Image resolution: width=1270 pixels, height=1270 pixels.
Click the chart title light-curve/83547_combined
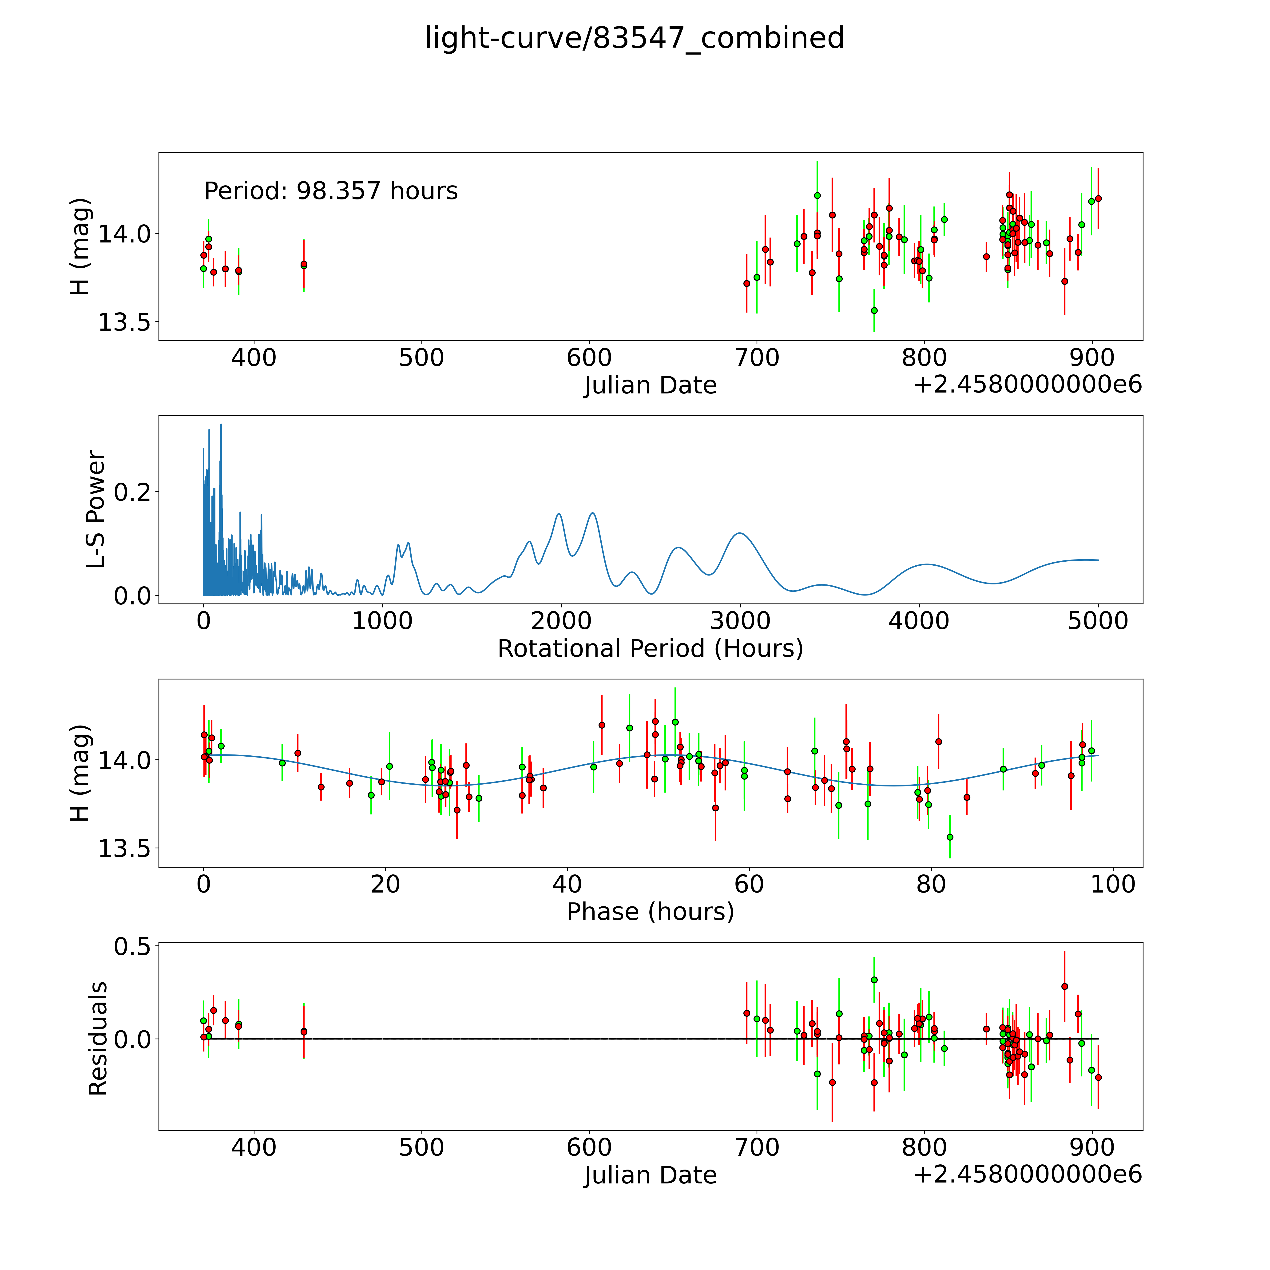click(634, 38)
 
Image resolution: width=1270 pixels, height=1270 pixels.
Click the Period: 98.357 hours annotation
click(331, 191)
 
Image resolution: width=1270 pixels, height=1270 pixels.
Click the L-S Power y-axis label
click(96, 509)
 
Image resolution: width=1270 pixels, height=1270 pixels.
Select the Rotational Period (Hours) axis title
click(650, 649)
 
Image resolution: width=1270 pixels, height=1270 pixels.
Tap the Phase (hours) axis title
click(650, 912)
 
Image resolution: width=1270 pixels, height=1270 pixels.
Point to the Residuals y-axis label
click(97, 1039)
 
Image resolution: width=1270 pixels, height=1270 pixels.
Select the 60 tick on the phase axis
click(749, 885)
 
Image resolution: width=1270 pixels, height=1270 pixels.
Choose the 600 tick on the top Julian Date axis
click(589, 358)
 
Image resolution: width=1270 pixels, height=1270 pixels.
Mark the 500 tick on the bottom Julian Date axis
click(421, 1148)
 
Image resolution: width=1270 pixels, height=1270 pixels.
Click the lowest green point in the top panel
click(874, 310)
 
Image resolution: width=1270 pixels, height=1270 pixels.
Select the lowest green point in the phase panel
click(949, 837)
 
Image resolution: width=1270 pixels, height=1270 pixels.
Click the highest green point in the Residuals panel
click(874, 980)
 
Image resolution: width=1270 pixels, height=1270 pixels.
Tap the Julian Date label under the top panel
click(650, 385)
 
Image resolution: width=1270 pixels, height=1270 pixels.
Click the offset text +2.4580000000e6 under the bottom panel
click(1028, 1174)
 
